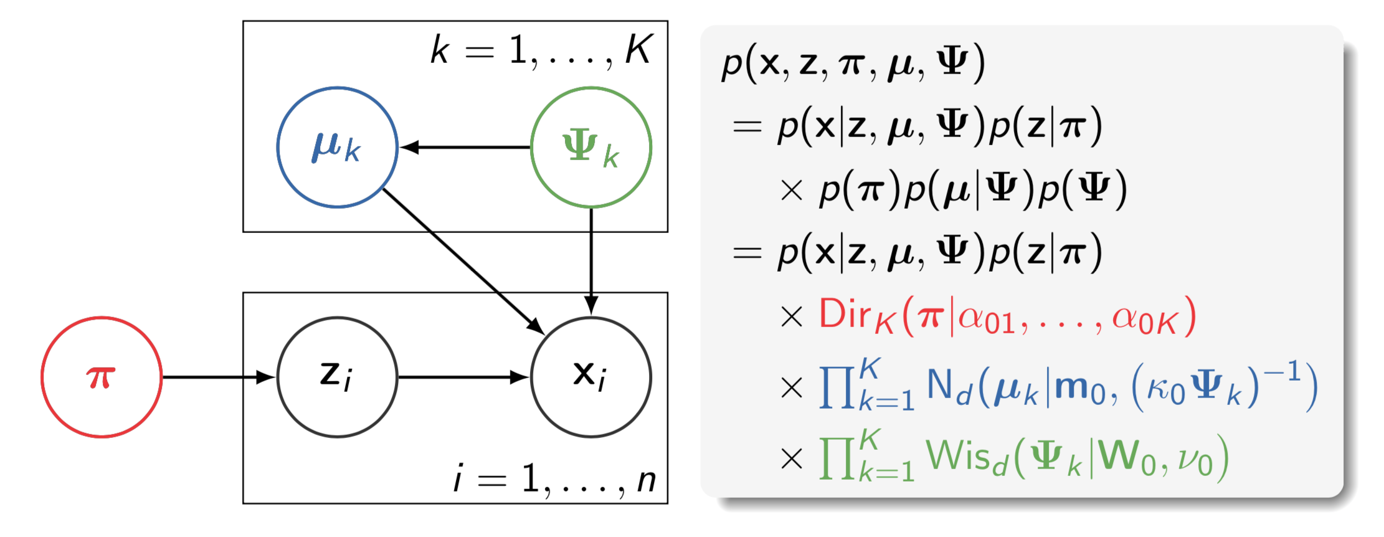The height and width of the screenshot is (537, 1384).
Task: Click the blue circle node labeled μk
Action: point(337,147)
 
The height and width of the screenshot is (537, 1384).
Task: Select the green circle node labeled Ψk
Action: point(590,147)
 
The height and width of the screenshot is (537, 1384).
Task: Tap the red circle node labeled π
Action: point(102,377)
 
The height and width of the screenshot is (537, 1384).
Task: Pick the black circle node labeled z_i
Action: point(337,377)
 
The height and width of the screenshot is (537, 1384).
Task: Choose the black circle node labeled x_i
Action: point(590,377)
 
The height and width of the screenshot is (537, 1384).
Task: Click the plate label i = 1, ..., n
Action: point(554,480)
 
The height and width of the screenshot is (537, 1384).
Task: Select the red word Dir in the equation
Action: point(845,314)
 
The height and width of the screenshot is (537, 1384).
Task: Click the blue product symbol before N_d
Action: point(837,387)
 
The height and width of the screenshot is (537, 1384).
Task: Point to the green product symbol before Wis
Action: point(837,458)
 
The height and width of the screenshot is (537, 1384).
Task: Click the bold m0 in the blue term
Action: point(1081,388)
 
